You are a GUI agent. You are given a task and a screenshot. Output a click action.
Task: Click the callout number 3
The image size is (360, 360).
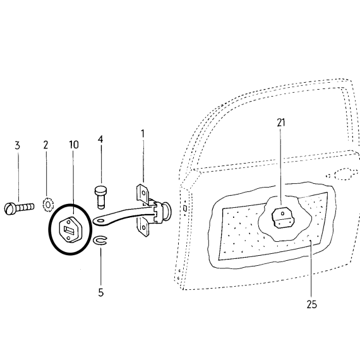point(18,145)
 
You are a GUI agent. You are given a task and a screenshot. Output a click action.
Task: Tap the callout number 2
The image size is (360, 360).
point(45,145)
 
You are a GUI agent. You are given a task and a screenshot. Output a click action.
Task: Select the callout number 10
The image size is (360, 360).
point(74,145)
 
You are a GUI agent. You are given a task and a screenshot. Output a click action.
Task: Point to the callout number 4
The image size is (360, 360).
point(100,140)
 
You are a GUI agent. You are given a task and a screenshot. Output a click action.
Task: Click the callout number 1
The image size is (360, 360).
point(143,134)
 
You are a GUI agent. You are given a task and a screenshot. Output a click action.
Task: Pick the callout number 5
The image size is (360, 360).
point(101,292)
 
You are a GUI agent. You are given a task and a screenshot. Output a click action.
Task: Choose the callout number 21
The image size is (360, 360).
point(281,123)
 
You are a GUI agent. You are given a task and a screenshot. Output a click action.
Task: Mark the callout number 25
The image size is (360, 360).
point(311,304)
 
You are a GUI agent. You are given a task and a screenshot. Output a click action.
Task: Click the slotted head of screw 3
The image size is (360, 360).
point(9,208)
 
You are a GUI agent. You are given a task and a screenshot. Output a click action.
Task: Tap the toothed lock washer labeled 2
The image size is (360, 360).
point(48,205)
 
